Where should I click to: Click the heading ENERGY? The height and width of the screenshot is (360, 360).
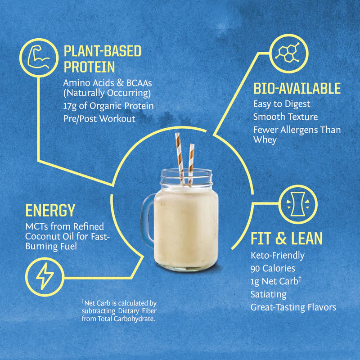[50, 210]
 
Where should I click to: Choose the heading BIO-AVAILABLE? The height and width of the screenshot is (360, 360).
[297, 89]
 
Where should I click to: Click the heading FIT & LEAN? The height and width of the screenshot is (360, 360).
[286, 238]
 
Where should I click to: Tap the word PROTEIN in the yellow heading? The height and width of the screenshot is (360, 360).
[89, 67]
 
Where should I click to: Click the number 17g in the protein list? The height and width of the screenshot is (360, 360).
[71, 106]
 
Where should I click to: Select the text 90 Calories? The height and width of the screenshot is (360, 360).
[273, 269]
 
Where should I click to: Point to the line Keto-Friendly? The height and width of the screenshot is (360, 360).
[277, 256]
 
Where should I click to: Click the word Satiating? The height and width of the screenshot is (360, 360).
[268, 294]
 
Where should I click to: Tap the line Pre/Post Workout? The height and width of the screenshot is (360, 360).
[99, 119]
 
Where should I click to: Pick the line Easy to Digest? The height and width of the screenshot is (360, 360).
[282, 104]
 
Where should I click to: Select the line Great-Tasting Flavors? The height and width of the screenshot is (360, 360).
[293, 307]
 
